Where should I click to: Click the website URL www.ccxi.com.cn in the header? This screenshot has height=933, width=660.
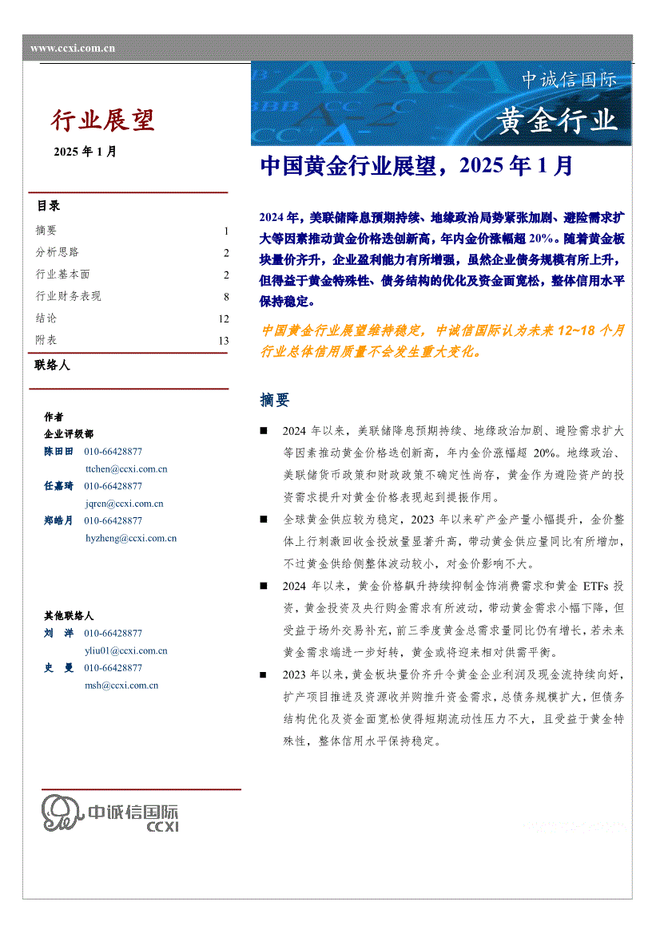73,49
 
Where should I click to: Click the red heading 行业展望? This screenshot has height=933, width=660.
103,121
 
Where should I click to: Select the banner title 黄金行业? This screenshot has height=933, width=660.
558,121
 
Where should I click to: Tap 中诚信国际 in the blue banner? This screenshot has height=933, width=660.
569,80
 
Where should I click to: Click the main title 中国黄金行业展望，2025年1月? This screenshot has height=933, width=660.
417,166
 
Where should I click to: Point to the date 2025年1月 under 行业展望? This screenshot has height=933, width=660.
85,152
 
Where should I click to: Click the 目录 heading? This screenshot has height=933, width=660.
48,206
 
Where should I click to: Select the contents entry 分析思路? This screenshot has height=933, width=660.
57,253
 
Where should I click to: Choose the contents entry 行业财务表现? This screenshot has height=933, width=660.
68,297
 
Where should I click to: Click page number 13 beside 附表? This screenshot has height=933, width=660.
223,341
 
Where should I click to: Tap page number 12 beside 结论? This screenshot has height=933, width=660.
223,318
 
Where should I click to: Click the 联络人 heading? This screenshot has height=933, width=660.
53,366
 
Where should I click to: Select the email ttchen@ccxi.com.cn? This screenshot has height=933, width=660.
125,469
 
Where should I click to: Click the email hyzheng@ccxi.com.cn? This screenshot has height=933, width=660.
130,539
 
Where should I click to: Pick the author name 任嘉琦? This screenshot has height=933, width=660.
58,486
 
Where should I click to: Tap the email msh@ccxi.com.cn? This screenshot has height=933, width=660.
121,685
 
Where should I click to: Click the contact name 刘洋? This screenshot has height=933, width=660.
58,633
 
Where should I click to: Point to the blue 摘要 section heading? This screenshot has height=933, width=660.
275,400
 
